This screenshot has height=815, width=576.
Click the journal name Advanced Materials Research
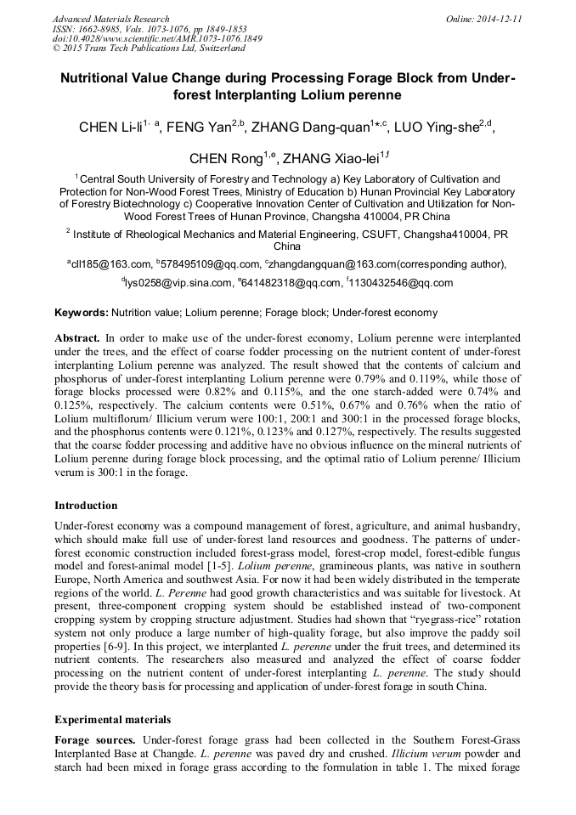[110, 19]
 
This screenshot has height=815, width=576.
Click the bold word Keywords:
[82, 313]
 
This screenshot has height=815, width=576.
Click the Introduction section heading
[86, 506]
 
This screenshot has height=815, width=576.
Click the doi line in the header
[157, 38]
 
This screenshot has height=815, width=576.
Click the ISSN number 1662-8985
[100, 28]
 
